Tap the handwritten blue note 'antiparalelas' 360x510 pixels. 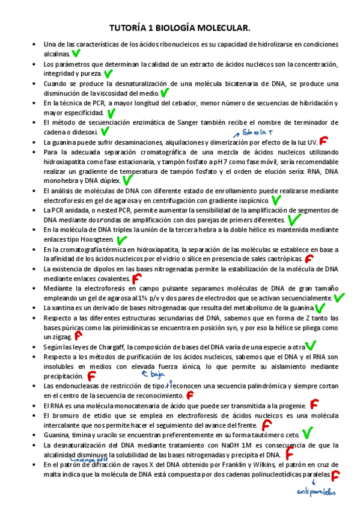317,493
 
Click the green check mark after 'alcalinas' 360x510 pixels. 76,54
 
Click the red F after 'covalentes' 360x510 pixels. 136,278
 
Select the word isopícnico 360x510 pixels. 252,200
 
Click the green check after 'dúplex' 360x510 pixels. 127,180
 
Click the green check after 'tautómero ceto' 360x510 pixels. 307,433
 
